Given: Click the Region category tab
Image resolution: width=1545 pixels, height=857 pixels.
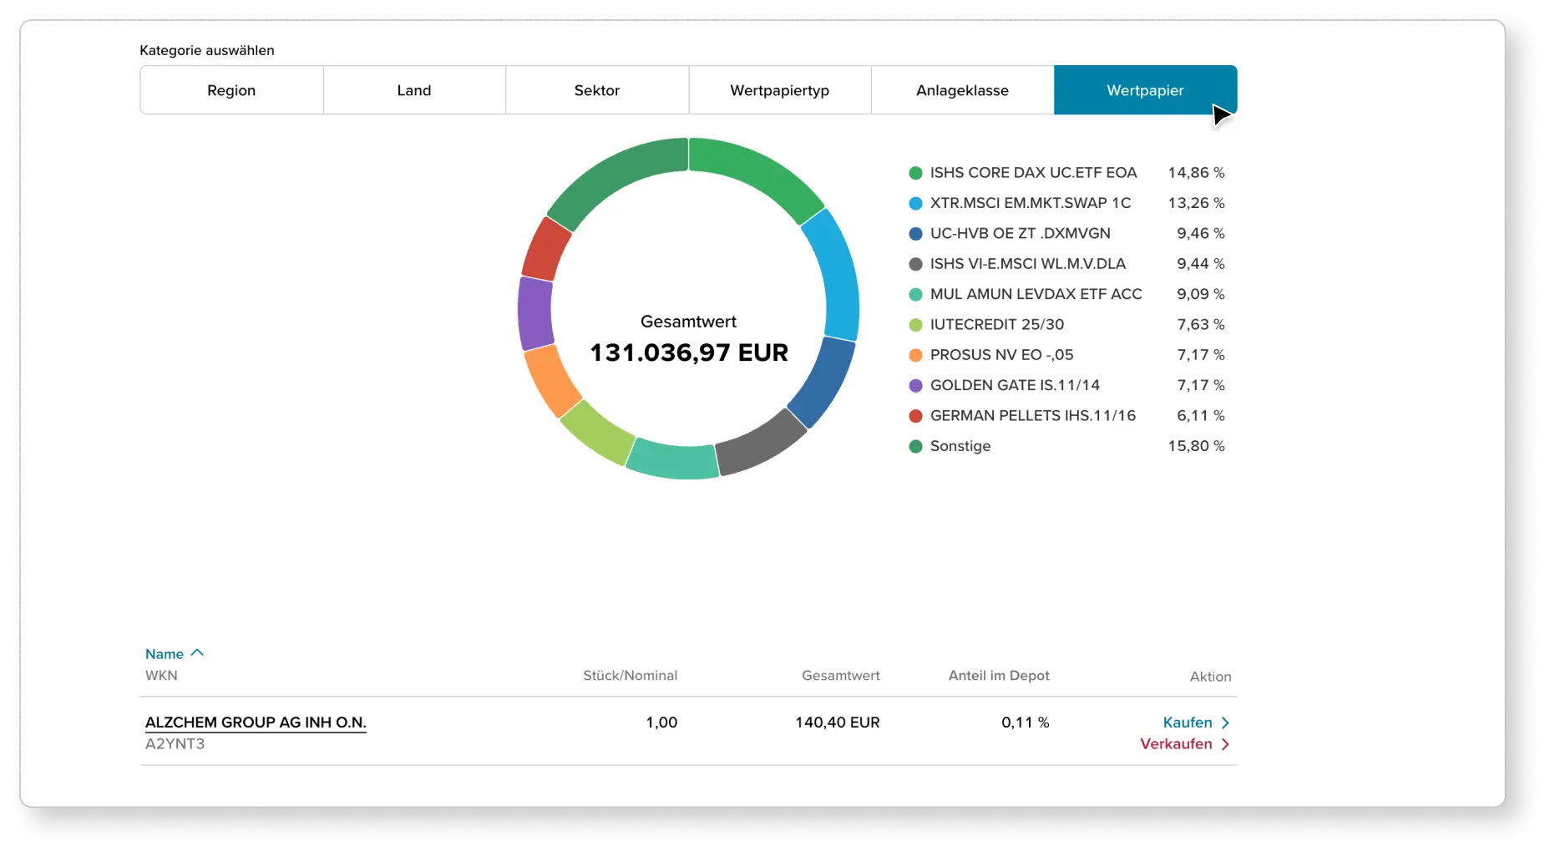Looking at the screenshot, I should click(231, 90).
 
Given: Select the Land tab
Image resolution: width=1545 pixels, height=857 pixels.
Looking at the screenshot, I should click(414, 90).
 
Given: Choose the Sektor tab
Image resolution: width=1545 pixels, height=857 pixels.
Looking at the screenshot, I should click(597, 90).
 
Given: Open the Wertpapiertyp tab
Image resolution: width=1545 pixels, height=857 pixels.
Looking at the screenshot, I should click(779, 90).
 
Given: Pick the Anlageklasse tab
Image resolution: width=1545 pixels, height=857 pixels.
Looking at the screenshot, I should click(962, 90).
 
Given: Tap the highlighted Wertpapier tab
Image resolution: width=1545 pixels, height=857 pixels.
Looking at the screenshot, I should click(1145, 90).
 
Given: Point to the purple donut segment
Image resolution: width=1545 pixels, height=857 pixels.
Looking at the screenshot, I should click(534, 312).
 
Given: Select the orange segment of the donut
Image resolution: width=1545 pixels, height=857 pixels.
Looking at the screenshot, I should click(552, 380).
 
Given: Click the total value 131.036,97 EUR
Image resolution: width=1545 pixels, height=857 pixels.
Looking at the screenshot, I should click(689, 352).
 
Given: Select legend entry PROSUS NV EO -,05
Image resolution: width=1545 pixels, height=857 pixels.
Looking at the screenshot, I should click(1001, 355).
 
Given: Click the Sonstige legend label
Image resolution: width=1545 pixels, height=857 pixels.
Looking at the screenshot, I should click(960, 446).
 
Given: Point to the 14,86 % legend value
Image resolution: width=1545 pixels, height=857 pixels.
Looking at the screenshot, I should click(1196, 173).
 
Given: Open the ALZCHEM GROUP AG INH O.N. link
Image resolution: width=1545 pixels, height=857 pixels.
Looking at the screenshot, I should click(256, 723).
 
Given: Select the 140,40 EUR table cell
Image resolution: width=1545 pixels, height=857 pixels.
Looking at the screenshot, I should click(837, 723).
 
